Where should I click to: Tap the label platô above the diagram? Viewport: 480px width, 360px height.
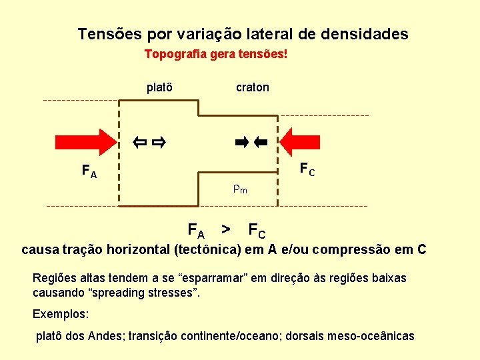[160, 87]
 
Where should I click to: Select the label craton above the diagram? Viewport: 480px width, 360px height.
[253, 87]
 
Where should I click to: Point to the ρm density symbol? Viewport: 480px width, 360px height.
[240, 189]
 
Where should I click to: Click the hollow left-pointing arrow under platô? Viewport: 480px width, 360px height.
[139, 141]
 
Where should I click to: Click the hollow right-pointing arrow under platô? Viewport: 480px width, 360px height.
[159, 141]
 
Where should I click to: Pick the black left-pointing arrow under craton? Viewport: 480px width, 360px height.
[260, 141]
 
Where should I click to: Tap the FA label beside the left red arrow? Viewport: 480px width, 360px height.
[89, 171]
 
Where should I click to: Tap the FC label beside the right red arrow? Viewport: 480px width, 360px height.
[307, 169]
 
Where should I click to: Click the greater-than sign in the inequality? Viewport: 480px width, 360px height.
[226, 230]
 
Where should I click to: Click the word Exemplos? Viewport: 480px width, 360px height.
[61, 313]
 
